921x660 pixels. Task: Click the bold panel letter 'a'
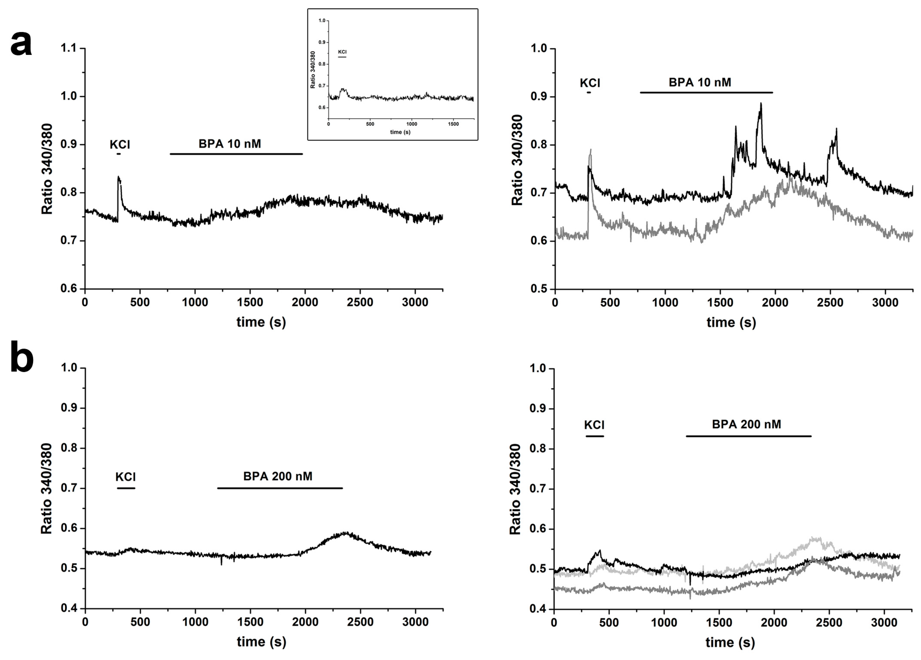click(x=21, y=44)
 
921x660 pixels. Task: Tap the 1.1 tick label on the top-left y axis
click(x=68, y=48)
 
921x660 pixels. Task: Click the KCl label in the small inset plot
click(x=342, y=52)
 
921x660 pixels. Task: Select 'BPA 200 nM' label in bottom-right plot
click(x=746, y=424)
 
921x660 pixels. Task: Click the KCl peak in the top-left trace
click(x=119, y=177)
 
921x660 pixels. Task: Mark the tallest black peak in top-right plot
click(x=761, y=104)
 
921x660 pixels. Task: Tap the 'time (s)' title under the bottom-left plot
click(x=262, y=642)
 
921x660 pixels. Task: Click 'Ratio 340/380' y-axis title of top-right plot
click(x=517, y=160)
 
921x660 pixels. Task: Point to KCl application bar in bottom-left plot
click(x=126, y=488)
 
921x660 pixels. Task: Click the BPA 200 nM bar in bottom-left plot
click(x=280, y=488)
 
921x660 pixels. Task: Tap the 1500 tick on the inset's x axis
click(x=453, y=124)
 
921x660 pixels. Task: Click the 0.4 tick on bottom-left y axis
click(x=68, y=609)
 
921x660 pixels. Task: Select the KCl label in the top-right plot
click(x=590, y=83)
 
